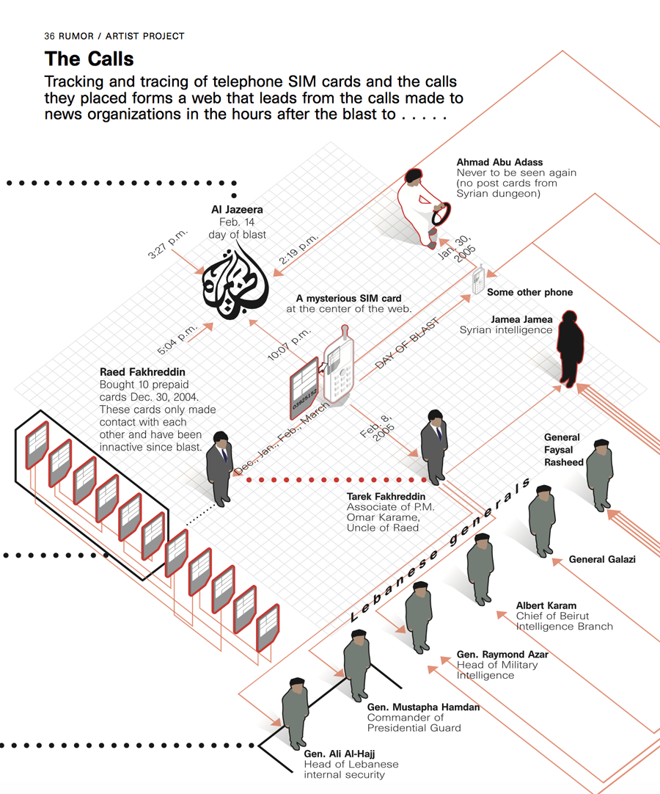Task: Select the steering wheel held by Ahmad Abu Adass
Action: [x=441, y=214]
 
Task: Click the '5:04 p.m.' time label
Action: [x=177, y=338]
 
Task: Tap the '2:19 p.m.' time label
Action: [x=299, y=250]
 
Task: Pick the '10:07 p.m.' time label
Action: [x=290, y=343]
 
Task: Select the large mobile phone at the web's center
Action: [x=339, y=365]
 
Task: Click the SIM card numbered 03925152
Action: [x=304, y=389]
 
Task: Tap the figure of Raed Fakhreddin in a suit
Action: [x=219, y=468]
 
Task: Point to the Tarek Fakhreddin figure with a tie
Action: [x=434, y=446]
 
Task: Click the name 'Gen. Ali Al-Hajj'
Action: [x=340, y=754]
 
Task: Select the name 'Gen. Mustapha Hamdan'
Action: [x=423, y=707]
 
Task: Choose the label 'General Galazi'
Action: [x=602, y=559]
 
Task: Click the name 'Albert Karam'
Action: [x=546, y=606]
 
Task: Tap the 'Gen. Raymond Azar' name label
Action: [x=502, y=654]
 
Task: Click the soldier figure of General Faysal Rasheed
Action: [x=600, y=473]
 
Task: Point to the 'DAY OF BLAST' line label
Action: [x=407, y=343]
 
